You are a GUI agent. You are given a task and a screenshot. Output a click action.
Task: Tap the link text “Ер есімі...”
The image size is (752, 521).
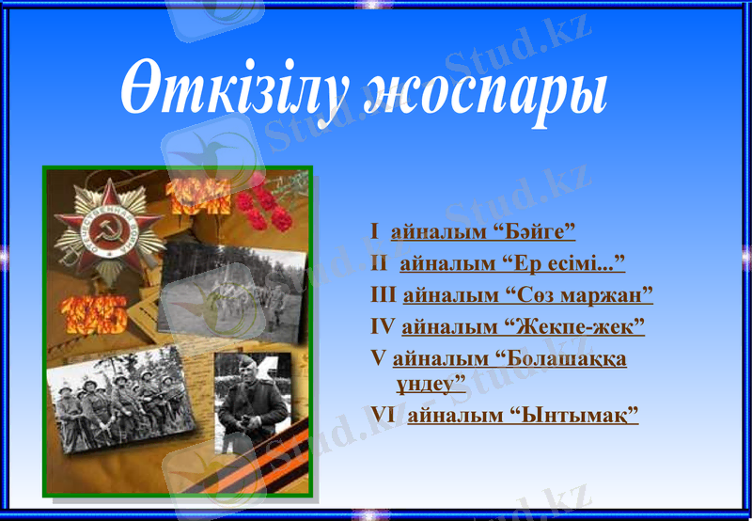(x=564, y=262)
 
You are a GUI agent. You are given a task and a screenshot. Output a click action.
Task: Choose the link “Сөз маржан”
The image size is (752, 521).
(x=585, y=295)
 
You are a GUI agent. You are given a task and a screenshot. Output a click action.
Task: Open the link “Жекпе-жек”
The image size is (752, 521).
(x=577, y=327)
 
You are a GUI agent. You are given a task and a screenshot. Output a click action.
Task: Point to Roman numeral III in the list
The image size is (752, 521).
(x=384, y=295)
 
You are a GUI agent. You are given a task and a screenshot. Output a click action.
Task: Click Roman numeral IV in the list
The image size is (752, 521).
(x=384, y=327)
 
